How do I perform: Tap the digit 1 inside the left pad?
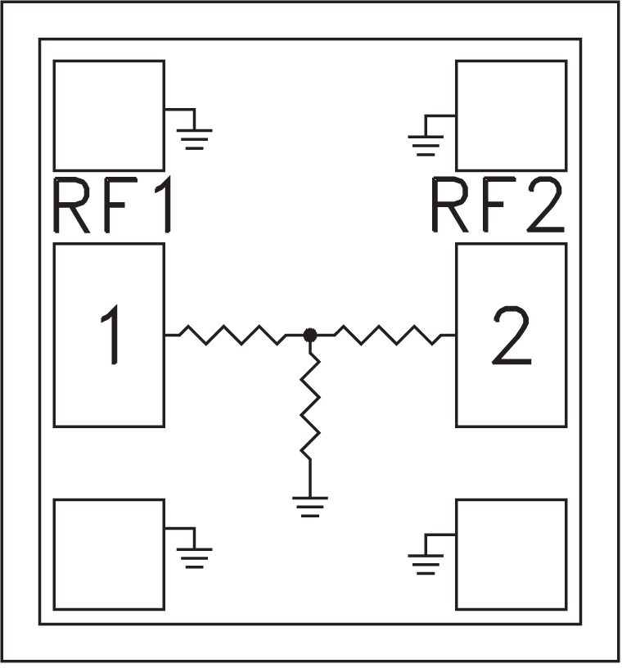pyautogui.click(x=110, y=334)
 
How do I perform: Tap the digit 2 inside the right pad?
pyautogui.click(x=512, y=334)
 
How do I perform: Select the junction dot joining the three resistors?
pyautogui.click(x=310, y=334)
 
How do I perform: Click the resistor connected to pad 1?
pyautogui.click(x=233, y=334)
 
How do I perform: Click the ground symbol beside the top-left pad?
pyautogui.click(x=194, y=137)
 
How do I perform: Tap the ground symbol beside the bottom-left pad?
pyautogui.click(x=194, y=557)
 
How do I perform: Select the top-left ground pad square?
pyautogui.click(x=109, y=115)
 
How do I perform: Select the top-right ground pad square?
pyautogui.click(x=512, y=115)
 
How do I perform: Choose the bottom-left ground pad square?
pyautogui.click(x=109, y=554)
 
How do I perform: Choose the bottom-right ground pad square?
pyautogui.click(x=512, y=554)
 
